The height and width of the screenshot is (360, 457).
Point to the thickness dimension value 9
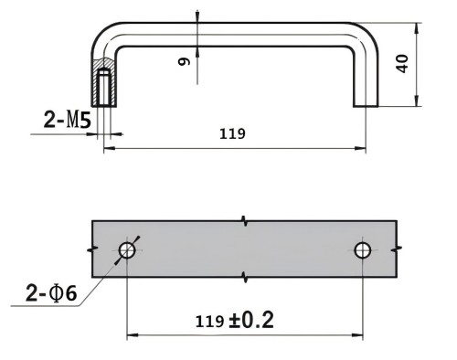pos(184,61)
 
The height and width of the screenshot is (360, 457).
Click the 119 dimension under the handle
pos(234,133)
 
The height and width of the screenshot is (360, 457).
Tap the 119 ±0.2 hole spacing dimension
pos(235,321)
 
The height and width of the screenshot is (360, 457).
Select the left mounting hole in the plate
pos(127,249)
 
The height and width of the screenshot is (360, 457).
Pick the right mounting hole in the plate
pos(364,249)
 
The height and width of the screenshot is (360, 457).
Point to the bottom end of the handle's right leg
pos(365,106)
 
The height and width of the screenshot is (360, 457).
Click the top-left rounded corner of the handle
pos(103,34)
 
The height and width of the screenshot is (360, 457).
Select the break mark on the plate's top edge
pos(244,221)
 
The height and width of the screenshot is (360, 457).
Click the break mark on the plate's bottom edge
pos(244,277)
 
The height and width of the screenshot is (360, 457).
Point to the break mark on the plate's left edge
pos(91,249)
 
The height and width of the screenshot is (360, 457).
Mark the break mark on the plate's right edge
pos(397,249)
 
